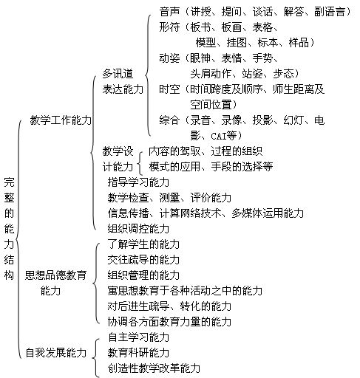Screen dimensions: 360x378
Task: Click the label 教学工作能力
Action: coord(61,120)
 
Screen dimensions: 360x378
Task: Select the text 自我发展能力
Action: coord(56,353)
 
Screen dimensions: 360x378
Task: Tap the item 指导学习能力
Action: coord(138,182)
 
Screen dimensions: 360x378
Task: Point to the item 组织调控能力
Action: coord(138,229)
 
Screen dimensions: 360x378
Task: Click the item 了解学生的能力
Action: coord(143,244)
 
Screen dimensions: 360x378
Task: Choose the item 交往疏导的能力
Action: coord(143,260)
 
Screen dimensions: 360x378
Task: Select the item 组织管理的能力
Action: coord(143,275)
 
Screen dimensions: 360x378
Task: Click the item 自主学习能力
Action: coord(138,337)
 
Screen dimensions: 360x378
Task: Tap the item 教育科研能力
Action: coord(138,353)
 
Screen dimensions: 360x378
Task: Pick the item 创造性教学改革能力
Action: coord(154,368)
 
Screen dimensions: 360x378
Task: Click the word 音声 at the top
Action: coord(169,12)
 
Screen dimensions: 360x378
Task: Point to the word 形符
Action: coord(169,27)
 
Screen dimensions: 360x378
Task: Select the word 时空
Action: coord(169,89)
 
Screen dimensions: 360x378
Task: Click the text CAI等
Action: coord(224,136)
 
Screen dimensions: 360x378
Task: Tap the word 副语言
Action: coord(330,12)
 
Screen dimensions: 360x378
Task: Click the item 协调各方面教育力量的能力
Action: coord(169,322)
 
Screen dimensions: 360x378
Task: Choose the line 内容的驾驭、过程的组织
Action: coord(206,151)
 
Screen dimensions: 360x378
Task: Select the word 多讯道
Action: coord(118,74)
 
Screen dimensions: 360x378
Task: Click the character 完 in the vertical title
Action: coord(9,182)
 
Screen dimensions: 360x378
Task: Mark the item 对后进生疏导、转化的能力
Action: coord(169,306)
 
